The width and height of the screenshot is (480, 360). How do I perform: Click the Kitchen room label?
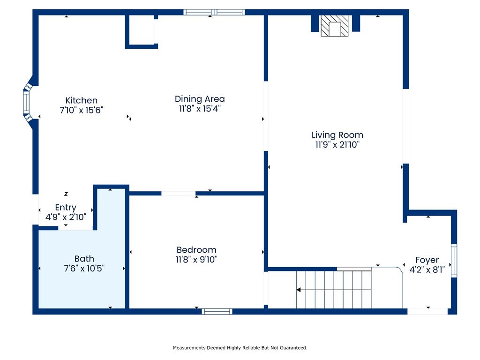click(x=82, y=100)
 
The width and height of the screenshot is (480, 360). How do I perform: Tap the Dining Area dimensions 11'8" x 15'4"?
click(x=200, y=109)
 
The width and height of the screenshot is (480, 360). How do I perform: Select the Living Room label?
click(x=337, y=135)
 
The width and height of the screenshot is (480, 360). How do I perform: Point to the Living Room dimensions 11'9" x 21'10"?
click(x=337, y=144)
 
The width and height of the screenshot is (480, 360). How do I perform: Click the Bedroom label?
click(x=196, y=250)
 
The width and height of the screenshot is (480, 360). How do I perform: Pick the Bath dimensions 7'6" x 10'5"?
click(x=84, y=269)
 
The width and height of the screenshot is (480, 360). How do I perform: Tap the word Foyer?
click(x=427, y=260)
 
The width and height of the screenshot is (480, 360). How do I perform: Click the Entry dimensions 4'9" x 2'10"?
click(x=66, y=217)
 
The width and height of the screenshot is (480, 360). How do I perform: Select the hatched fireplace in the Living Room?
click(x=335, y=26)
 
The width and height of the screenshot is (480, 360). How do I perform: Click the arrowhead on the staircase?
click(x=299, y=290)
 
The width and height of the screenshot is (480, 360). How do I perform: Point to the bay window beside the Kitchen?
click(x=28, y=103)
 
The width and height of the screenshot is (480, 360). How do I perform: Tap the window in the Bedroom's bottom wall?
click(x=217, y=312)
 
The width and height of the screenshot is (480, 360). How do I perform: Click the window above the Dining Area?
click(x=214, y=12)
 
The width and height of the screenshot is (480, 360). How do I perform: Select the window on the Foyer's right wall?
click(x=454, y=261)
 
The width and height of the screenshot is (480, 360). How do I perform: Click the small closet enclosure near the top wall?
click(x=142, y=31)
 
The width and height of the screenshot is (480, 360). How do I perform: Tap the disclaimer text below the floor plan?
click(x=240, y=348)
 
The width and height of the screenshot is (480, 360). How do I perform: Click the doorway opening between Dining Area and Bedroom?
click(x=179, y=194)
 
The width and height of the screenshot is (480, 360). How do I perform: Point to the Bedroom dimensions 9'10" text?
click(x=208, y=260)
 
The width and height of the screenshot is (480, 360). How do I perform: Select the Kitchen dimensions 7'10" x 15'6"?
click(x=82, y=110)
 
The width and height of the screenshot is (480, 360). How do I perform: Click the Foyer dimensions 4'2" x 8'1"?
click(x=427, y=270)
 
